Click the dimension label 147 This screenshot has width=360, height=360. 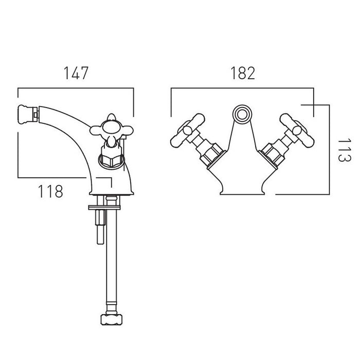click(x=76, y=73)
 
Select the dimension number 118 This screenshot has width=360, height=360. click(x=50, y=191)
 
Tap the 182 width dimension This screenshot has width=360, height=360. click(x=243, y=73)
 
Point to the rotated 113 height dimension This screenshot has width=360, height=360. click(x=345, y=150)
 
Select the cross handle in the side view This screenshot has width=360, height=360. click(x=112, y=130)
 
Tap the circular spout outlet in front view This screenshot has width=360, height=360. click(x=242, y=114)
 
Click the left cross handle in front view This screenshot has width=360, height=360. click(x=187, y=130)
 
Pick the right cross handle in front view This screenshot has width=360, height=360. click(x=297, y=130)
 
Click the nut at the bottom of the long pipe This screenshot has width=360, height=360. click(x=112, y=319)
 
